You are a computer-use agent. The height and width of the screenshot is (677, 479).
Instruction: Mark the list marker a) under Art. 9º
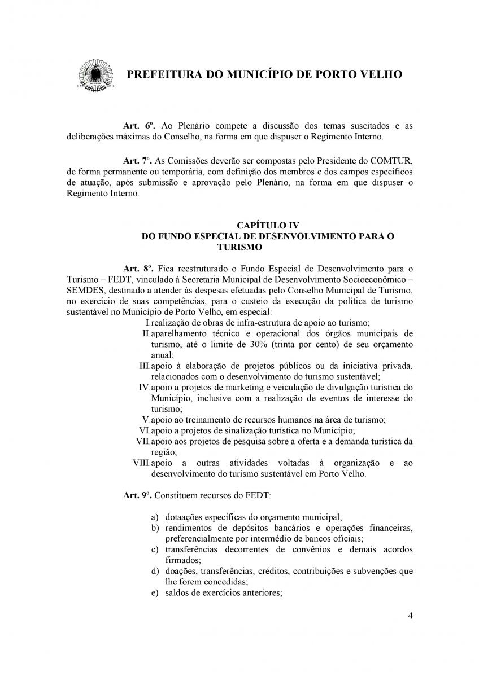click(154, 517)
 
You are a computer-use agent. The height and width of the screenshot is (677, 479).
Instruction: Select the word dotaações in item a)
click(184, 517)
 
